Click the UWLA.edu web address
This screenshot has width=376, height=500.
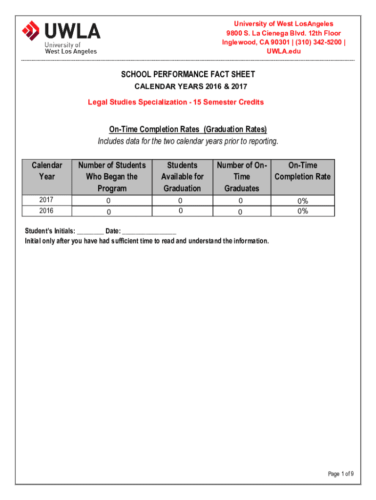283,51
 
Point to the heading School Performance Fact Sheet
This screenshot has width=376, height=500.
188,75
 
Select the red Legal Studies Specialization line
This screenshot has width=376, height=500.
176,102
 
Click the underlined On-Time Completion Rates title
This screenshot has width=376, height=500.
188,129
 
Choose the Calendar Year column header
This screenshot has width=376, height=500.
47,171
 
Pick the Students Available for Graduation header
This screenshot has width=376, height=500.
182,177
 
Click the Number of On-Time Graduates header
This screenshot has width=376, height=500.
242,177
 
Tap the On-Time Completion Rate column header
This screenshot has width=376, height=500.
303,171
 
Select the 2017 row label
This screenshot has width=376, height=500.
47,200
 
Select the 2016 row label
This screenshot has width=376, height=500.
47,211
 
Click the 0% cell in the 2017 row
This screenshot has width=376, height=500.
303,201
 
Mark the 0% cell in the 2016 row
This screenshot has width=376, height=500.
303,211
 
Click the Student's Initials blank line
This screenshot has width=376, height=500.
90,231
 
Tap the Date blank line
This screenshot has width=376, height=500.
149,231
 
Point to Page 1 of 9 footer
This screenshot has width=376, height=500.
341,474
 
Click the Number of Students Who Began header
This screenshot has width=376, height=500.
112,177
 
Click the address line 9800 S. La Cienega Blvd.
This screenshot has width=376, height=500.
283,33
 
